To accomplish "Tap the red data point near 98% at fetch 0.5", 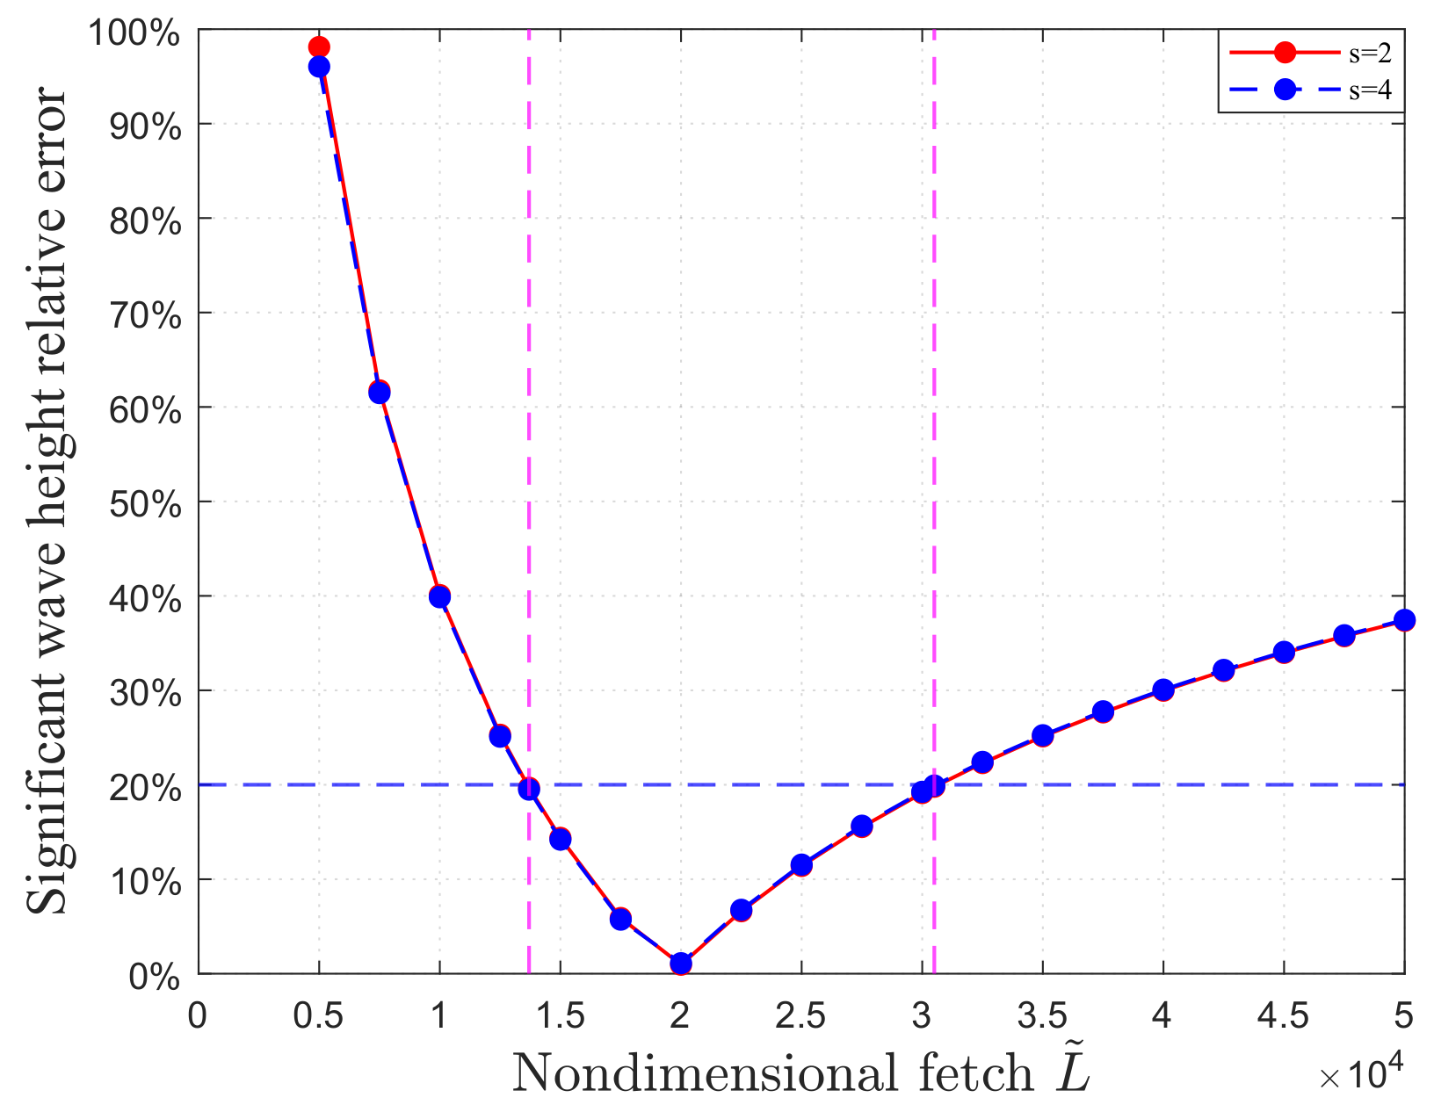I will [x=319, y=47].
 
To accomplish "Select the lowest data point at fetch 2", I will [x=681, y=964].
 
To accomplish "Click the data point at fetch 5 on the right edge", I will [x=1404, y=620].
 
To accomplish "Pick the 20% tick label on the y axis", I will [x=144, y=788].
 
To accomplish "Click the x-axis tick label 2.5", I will [x=800, y=1016].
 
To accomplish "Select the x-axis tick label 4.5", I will [x=1283, y=1016].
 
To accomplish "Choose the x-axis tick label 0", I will [x=199, y=1016].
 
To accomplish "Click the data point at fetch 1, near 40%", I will [x=439, y=596].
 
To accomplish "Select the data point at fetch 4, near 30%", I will [x=1163, y=690].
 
